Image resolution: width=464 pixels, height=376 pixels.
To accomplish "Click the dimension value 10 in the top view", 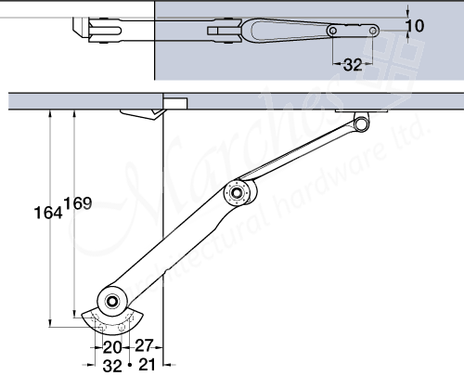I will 415,25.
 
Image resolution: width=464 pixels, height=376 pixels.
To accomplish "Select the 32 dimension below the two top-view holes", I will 353,66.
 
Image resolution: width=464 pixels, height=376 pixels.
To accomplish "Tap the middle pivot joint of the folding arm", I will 238,195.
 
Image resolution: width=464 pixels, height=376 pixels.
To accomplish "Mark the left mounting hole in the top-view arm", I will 333,32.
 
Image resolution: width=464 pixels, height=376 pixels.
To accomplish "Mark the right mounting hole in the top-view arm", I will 374,32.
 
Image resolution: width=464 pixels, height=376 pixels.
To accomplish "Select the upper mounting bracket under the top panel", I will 362,120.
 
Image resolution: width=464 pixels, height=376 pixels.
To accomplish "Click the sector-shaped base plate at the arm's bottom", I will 109,321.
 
